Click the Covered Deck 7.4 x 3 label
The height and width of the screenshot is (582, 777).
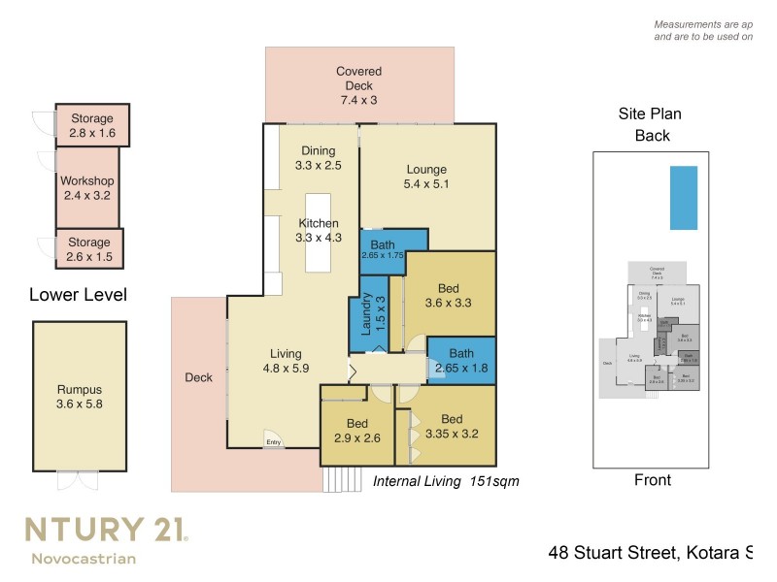[359, 85]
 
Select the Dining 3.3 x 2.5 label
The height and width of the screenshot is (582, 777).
[318, 158]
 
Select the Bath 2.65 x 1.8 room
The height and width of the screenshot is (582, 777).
[461, 360]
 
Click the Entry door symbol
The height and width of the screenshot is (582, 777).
[273, 439]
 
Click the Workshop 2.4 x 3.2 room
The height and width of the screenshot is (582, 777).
[87, 188]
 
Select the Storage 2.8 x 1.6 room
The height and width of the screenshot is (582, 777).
[91, 126]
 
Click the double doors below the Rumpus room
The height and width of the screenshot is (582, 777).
[77, 481]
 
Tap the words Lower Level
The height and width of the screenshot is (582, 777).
[78, 295]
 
